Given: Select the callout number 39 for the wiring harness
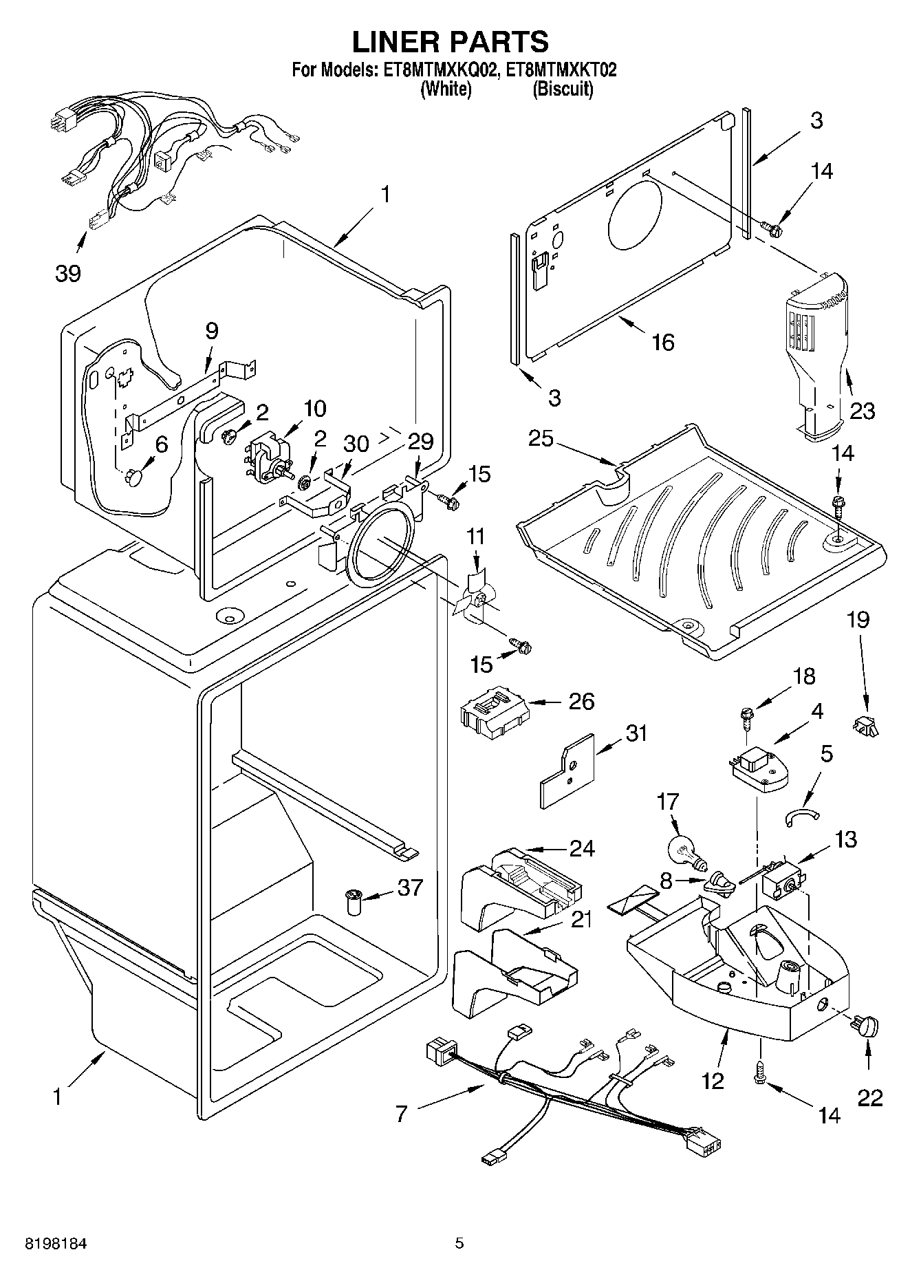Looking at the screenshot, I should [x=68, y=274].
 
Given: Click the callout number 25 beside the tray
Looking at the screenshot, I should [x=541, y=438].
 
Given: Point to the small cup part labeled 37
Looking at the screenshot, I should [x=354, y=902].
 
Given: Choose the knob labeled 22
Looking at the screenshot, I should [x=867, y=1026].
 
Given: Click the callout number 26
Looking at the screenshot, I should [x=581, y=702].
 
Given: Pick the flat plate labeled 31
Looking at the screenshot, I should [x=565, y=771].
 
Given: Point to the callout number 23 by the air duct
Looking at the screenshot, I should [x=863, y=411].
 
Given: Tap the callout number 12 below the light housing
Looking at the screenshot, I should [x=713, y=1081].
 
